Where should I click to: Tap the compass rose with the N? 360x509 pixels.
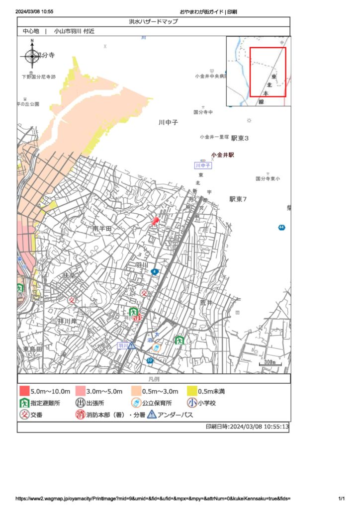[32, 56]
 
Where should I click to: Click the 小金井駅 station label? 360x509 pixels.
[222, 155]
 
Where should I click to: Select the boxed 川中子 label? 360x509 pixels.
[203, 165]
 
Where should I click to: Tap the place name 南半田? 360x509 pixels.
[103, 228]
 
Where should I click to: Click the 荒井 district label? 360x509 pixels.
[206, 302]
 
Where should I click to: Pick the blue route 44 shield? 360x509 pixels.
[281, 228]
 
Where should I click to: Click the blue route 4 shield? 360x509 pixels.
[156, 271]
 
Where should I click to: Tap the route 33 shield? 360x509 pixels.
[150, 360]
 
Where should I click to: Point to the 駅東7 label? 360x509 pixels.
[238, 199]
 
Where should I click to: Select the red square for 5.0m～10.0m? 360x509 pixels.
[24, 391]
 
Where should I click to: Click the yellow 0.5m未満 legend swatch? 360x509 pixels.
[191, 391]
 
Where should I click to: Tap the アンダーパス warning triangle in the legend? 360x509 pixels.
[152, 415]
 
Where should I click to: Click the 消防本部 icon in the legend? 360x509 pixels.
[80, 415]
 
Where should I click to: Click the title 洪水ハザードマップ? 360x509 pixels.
[153, 21]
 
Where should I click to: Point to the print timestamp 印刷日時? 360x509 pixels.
[247, 426]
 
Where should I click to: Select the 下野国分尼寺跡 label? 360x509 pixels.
[39, 77]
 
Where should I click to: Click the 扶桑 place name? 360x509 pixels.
[69, 275]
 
